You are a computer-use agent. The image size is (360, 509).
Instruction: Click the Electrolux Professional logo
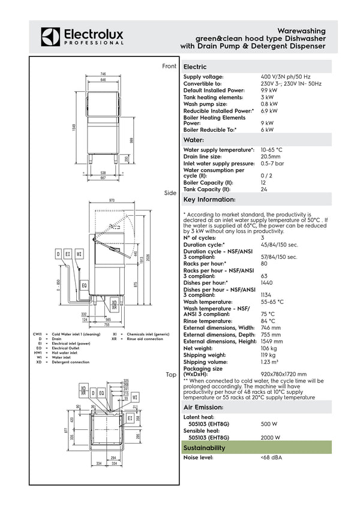coord(82,37)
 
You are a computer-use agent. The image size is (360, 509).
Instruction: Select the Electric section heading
coord(195,67)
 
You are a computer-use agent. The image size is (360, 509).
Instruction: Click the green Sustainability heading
coord(204,448)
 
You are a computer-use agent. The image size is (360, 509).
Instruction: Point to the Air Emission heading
coord(203,407)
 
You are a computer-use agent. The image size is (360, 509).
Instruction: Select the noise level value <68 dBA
coord(271,458)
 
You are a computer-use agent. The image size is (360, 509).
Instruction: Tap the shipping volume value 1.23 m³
coord(269,362)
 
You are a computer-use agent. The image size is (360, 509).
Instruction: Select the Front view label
coord(169,66)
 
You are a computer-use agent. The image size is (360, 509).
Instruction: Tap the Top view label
coord(171,375)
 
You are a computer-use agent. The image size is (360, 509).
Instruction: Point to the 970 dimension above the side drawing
coord(112,200)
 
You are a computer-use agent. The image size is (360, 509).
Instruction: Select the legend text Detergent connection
coord(70,362)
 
